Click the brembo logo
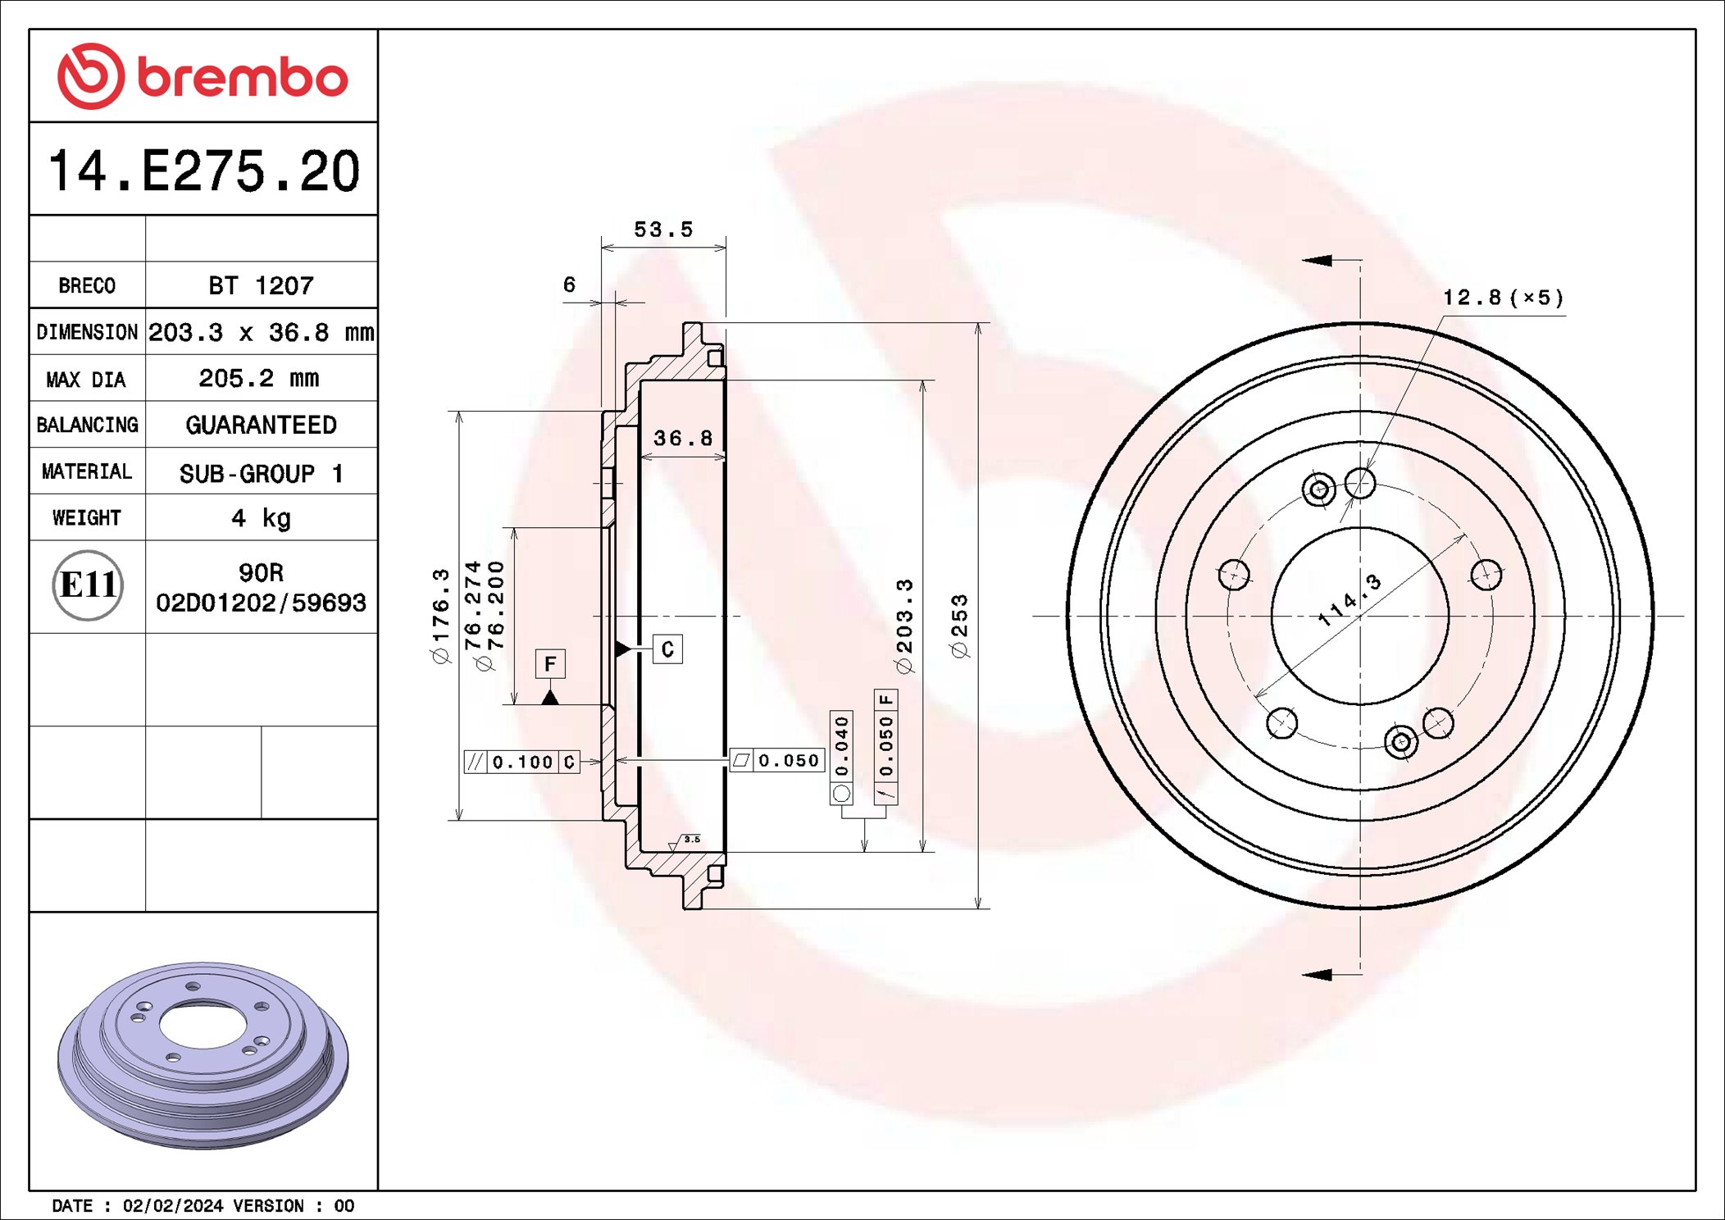point(203,76)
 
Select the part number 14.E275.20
point(204,171)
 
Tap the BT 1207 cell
point(261,285)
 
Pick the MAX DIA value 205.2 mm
point(259,378)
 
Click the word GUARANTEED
point(261,425)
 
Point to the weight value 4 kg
point(261,518)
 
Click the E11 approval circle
point(88,585)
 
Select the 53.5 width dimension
point(663,230)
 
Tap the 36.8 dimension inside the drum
point(683,438)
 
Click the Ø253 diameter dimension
point(959,626)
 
